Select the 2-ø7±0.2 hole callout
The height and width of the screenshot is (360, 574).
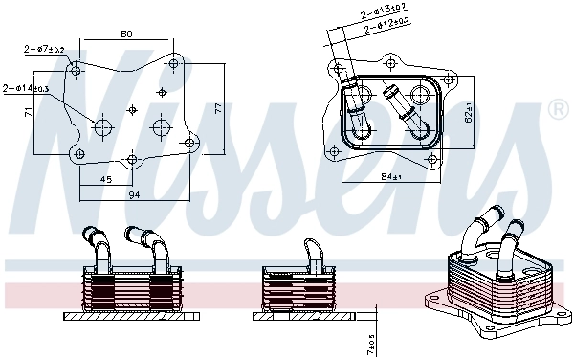tap(45, 49)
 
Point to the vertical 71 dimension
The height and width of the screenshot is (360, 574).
tap(29, 112)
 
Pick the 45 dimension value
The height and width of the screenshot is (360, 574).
tap(105, 178)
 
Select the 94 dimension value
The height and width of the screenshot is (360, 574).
tap(134, 195)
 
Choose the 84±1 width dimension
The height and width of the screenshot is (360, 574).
tap(391, 175)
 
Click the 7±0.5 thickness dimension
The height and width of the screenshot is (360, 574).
tap(370, 342)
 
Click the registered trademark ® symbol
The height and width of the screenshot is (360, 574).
tap(557, 111)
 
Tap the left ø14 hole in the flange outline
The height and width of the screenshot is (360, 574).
tap(103, 125)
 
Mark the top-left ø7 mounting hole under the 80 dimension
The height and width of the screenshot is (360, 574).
tap(77, 68)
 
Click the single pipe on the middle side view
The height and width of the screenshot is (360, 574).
tap(313, 251)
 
